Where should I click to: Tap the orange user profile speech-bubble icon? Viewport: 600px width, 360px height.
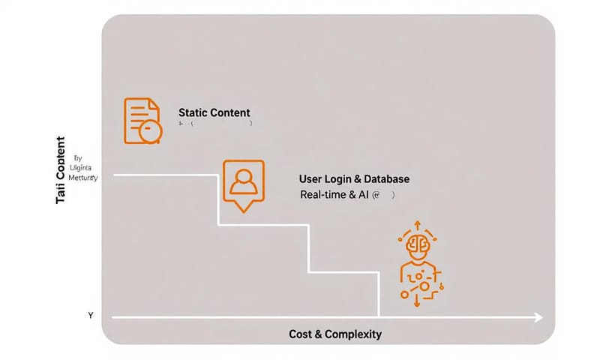pyautogui.click(x=244, y=182)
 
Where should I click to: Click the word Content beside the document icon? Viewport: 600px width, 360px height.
pyautogui.click(x=230, y=112)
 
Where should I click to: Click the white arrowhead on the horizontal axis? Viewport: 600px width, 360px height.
pyautogui.click(x=538, y=318)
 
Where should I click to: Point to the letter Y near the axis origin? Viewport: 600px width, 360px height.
pyautogui.click(x=91, y=316)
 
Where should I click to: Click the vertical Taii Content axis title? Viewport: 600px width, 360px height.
pyautogui.click(x=61, y=171)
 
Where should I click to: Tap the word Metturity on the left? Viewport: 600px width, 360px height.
pyautogui.click(x=83, y=178)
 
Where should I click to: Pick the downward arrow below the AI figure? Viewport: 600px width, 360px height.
pyautogui.click(x=415, y=301)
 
